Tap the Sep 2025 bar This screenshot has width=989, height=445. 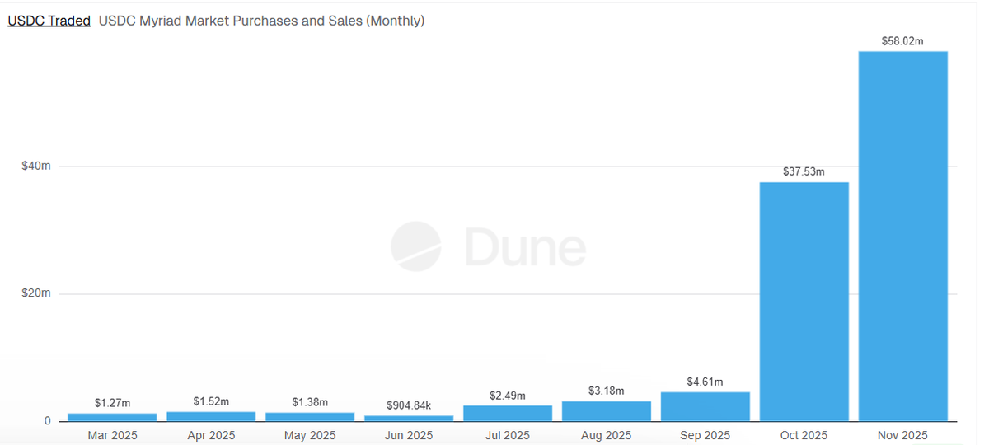tap(705, 406)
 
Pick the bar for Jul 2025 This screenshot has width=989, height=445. tap(508, 413)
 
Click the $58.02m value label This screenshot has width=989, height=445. tap(902, 40)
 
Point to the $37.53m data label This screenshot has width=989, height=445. tap(804, 171)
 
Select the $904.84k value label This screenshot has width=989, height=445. tap(409, 405)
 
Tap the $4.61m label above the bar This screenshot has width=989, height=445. tap(705, 382)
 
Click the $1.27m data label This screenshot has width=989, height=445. tap(112, 403)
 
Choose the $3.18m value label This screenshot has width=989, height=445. tap(606, 390)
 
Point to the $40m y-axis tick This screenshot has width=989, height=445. tap(36, 166)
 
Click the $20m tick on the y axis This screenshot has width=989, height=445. tap(36, 293)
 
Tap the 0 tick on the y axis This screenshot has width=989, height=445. tap(47, 421)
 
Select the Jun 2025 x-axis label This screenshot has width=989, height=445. tap(409, 435)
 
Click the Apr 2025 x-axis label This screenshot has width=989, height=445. tap(211, 435)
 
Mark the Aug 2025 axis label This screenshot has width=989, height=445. tap(606, 435)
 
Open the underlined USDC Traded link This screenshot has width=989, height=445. tap(49, 21)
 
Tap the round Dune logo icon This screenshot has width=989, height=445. tap(415, 246)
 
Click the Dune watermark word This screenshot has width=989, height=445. tap(525, 247)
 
